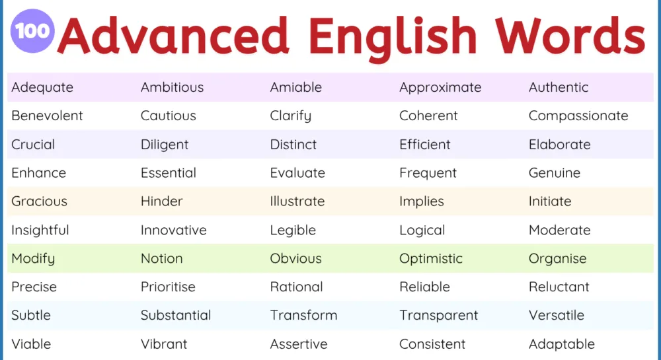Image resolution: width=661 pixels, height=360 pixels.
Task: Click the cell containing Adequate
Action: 42,87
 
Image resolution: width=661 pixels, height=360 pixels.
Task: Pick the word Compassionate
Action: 578,116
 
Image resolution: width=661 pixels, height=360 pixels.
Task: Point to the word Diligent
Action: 165,144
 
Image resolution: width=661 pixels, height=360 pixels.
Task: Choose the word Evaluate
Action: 297,173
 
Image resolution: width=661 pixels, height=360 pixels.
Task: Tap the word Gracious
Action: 39,201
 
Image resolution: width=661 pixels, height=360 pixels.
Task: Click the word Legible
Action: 293,230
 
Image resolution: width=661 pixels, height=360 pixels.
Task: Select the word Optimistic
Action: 431,258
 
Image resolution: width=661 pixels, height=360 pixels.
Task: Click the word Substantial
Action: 176,315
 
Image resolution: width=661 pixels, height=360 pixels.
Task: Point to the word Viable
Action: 31,344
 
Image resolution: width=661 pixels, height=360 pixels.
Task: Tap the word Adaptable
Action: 562,344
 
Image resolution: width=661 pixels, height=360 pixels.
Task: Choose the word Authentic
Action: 559,87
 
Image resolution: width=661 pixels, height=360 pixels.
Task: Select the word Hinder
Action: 162,201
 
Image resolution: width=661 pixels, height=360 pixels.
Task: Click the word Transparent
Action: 438,315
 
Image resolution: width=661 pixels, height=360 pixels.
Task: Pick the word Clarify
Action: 290,116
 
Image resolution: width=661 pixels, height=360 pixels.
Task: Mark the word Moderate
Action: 559,230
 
